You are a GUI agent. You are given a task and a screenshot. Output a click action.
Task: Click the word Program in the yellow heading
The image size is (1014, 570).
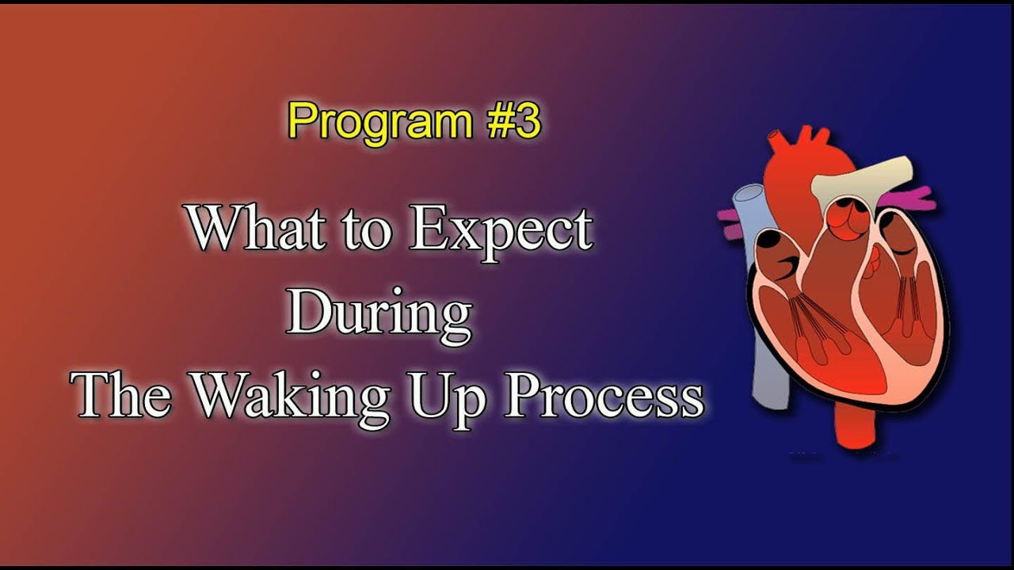(379, 122)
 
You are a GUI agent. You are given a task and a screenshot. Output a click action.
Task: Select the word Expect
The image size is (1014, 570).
(501, 230)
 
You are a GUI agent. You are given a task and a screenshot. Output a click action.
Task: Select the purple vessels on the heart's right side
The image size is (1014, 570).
(919, 198)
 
